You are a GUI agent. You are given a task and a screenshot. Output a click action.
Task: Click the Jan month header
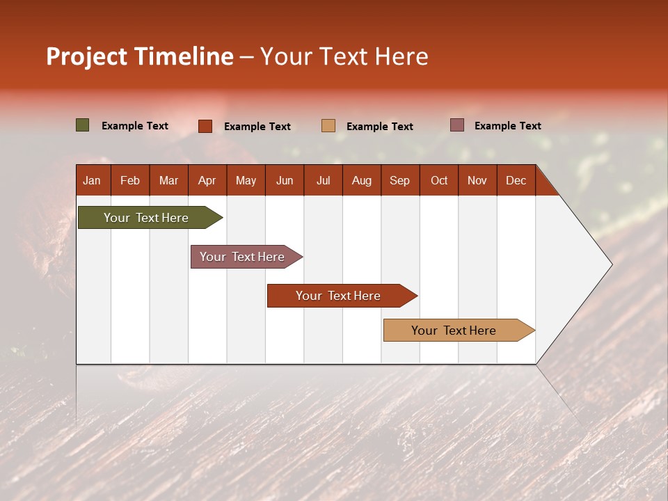pos(93,180)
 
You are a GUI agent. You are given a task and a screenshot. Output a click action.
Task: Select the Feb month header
pos(130,180)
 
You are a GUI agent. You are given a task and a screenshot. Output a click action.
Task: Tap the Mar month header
pos(168,180)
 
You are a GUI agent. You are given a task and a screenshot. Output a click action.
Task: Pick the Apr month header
pos(207,180)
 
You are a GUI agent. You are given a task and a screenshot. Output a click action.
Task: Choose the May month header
pos(246,180)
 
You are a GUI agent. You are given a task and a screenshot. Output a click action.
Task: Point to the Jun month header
pos(285,180)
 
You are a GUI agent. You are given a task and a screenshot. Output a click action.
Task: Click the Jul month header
pos(323,180)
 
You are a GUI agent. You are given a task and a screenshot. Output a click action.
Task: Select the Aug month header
pos(362,180)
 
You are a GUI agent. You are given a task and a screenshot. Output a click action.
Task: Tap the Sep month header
pos(400,180)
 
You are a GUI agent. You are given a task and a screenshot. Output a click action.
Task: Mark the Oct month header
pos(439,180)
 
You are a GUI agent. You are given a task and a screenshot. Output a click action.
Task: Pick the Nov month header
pos(477,180)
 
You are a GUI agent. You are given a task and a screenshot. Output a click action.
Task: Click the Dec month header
pos(516,180)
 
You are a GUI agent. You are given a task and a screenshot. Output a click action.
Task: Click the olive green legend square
pos(83,125)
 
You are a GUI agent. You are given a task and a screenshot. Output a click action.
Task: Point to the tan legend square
pos(328,126)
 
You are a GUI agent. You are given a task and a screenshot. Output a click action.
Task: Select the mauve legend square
pos(457,125)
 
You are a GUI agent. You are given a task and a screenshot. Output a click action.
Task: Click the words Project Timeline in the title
pos(140,56)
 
